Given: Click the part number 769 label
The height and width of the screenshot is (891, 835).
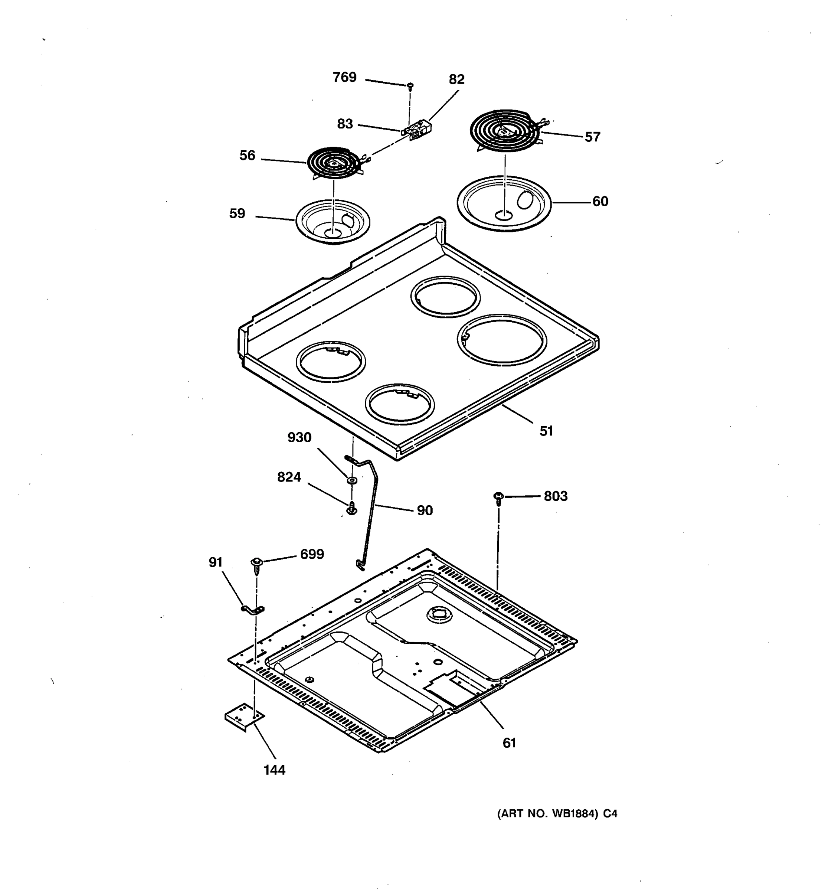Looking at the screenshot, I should tap(344, 78).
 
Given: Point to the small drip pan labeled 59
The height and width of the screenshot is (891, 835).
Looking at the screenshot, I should tap(333, 222).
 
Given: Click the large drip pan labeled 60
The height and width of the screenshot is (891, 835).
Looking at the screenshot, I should tap(504, 203).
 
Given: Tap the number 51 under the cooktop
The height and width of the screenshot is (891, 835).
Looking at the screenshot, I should tap(546, 431).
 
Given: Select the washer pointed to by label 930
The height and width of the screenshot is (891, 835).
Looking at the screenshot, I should tap(352, 480).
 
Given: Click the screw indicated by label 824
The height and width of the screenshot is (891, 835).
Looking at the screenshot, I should tap(352, 509).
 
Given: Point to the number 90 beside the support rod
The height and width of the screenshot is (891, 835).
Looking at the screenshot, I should tap(425, 510).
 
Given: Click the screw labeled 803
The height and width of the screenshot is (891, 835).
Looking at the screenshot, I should tap(498, 497).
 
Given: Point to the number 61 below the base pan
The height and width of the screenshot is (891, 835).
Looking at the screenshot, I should tap(509, 742).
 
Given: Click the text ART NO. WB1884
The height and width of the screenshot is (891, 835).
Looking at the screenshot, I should tap(547, 813).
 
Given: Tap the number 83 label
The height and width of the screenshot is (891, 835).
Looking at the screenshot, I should tap(345, 124).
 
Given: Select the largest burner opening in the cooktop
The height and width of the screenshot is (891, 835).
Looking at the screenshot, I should tap(502, 339).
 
